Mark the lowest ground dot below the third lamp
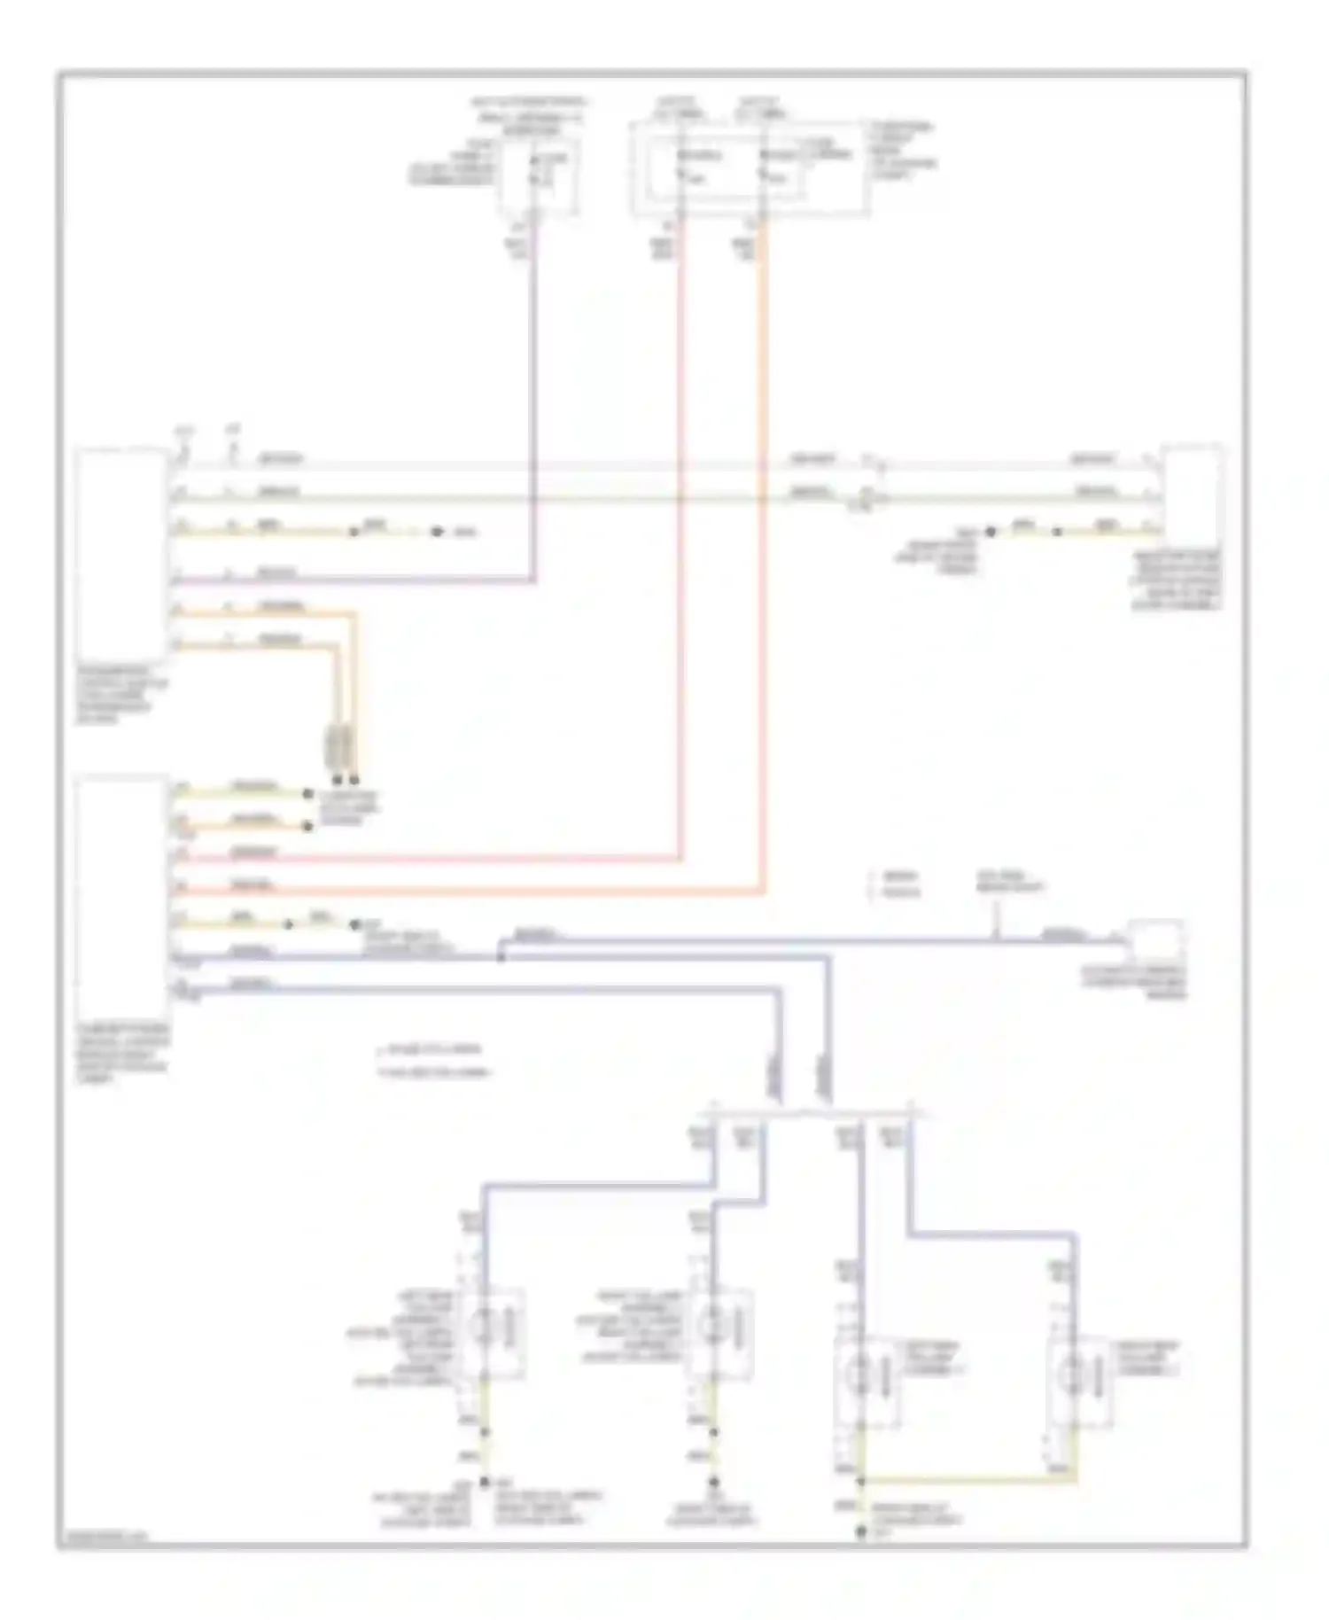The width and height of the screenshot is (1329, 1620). click(x=860, y=1532)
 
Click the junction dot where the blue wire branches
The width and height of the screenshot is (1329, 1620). click(x=501, y=956)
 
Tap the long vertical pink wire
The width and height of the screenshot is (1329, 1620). click(x=681, y=532)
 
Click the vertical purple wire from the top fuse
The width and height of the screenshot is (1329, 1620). click(x=534, y=399)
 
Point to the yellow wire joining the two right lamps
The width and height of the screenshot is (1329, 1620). click(x=966, y=1480)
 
